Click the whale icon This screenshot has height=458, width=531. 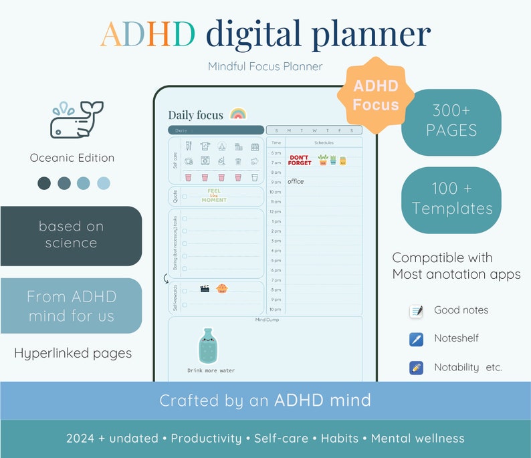(75, 121)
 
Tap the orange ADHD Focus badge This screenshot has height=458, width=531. (375, 95)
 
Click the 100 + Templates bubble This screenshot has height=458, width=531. (451, 200)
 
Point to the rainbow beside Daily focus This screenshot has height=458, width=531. (237, 114)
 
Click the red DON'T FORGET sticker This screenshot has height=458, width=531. (300, 160)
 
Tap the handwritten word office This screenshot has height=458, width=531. (296, 181)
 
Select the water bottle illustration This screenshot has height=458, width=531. (209, 346)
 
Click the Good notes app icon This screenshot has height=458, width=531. (416, 311)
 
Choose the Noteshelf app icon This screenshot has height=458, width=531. (416, 339)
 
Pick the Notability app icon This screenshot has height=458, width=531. (416, 367)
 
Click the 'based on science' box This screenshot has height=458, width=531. (71, 235)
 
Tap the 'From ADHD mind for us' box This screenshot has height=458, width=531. (71, 306)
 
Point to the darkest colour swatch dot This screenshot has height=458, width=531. (44, 183)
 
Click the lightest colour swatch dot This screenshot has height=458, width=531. (103, 183)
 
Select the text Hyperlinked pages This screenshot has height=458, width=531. (72, 353)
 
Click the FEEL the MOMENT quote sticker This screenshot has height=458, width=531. (214, 195)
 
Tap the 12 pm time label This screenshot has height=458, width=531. (276, 211)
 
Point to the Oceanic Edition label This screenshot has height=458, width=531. (72, 158)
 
